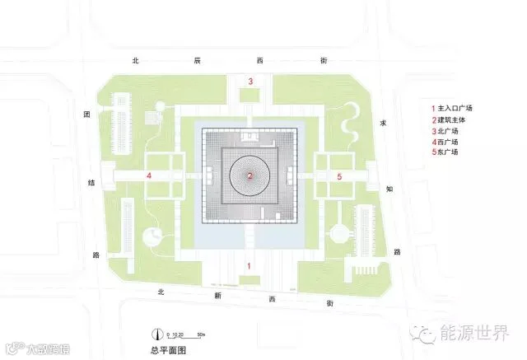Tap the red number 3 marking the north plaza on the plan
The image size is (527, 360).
(250, 80)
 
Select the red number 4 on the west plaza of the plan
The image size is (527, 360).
(148, 176)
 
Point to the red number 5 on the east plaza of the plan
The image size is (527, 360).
(339, 176)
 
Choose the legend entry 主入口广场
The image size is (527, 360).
(454, 108)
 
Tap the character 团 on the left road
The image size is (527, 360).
(86, 115)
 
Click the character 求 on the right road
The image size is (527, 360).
(382, 123)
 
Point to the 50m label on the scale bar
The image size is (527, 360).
(201, 334)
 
